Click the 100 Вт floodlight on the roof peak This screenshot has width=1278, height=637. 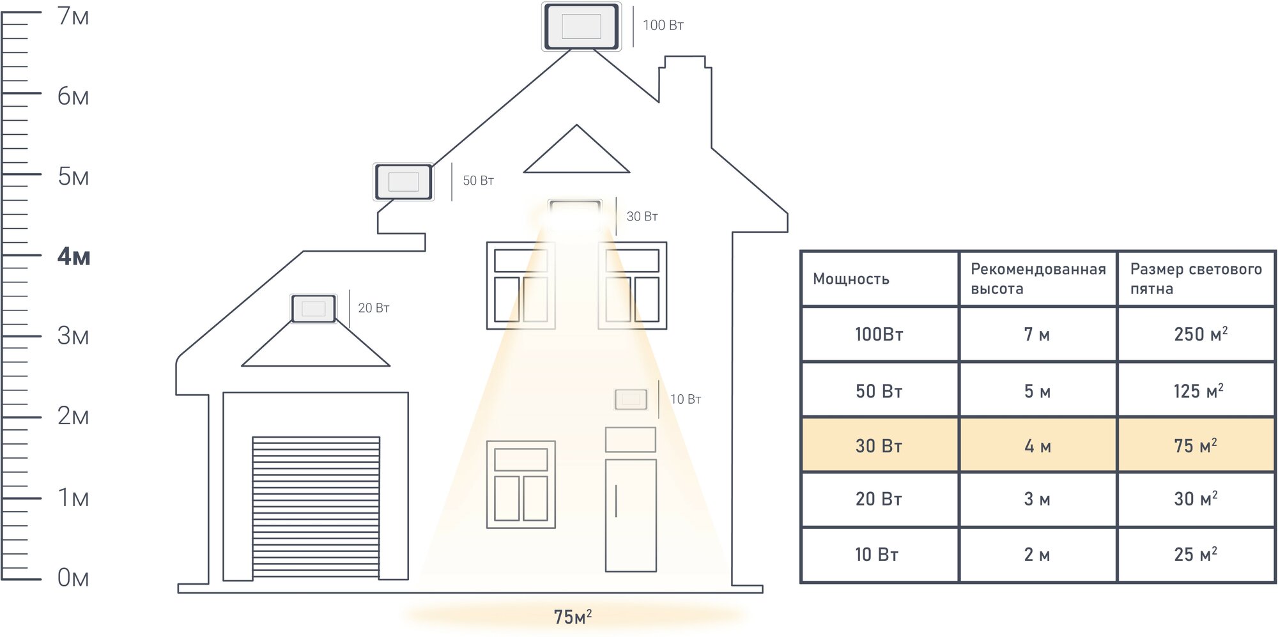581,27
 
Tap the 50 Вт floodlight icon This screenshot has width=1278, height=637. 403,182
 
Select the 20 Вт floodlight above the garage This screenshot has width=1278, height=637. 314,309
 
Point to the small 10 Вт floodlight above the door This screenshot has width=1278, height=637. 631,399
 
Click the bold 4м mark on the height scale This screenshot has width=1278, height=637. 73,257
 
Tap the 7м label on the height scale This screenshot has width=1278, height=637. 73,17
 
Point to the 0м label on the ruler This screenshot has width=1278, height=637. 73,578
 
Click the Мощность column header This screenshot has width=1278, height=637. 851,279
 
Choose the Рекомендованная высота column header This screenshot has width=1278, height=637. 1037,279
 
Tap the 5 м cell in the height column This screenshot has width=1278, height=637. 1037,391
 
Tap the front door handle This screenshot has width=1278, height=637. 616,501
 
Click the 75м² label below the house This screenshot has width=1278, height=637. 573,617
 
